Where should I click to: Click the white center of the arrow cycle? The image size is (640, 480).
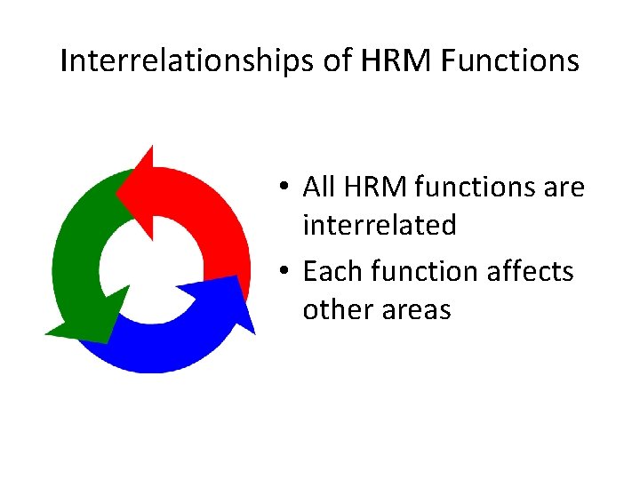151,267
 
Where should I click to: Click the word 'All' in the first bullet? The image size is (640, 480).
318,188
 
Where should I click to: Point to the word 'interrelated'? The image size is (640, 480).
379,225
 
